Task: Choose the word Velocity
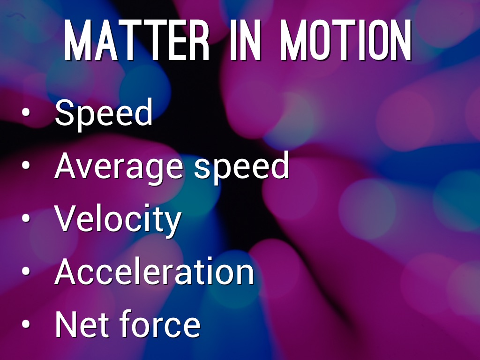(118, 219)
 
